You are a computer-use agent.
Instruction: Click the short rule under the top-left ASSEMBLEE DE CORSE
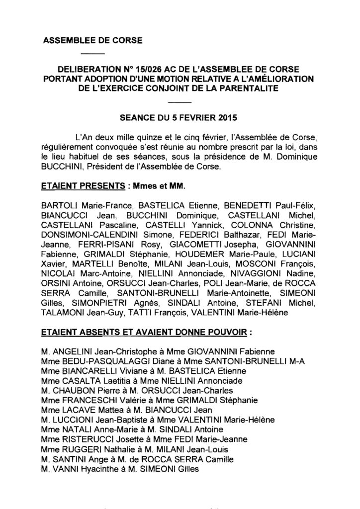click(92, 53)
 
